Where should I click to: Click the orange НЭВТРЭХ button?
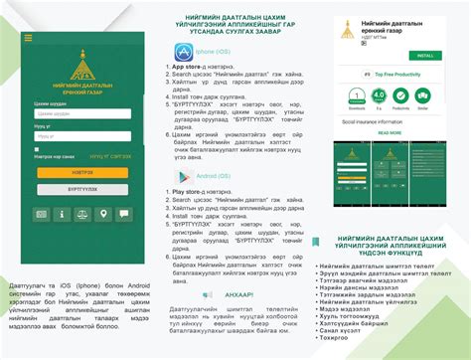pyautogui.click(x=81, y=171)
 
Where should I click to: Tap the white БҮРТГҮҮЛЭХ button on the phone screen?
pyautogui.click(x=81, y=188)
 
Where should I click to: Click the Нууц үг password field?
pyautogui.click(x=81, y=135)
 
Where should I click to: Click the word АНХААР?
pyautogui.click(x=239, y=294)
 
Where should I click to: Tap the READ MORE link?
pyautogui.click(x=389, y=132)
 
